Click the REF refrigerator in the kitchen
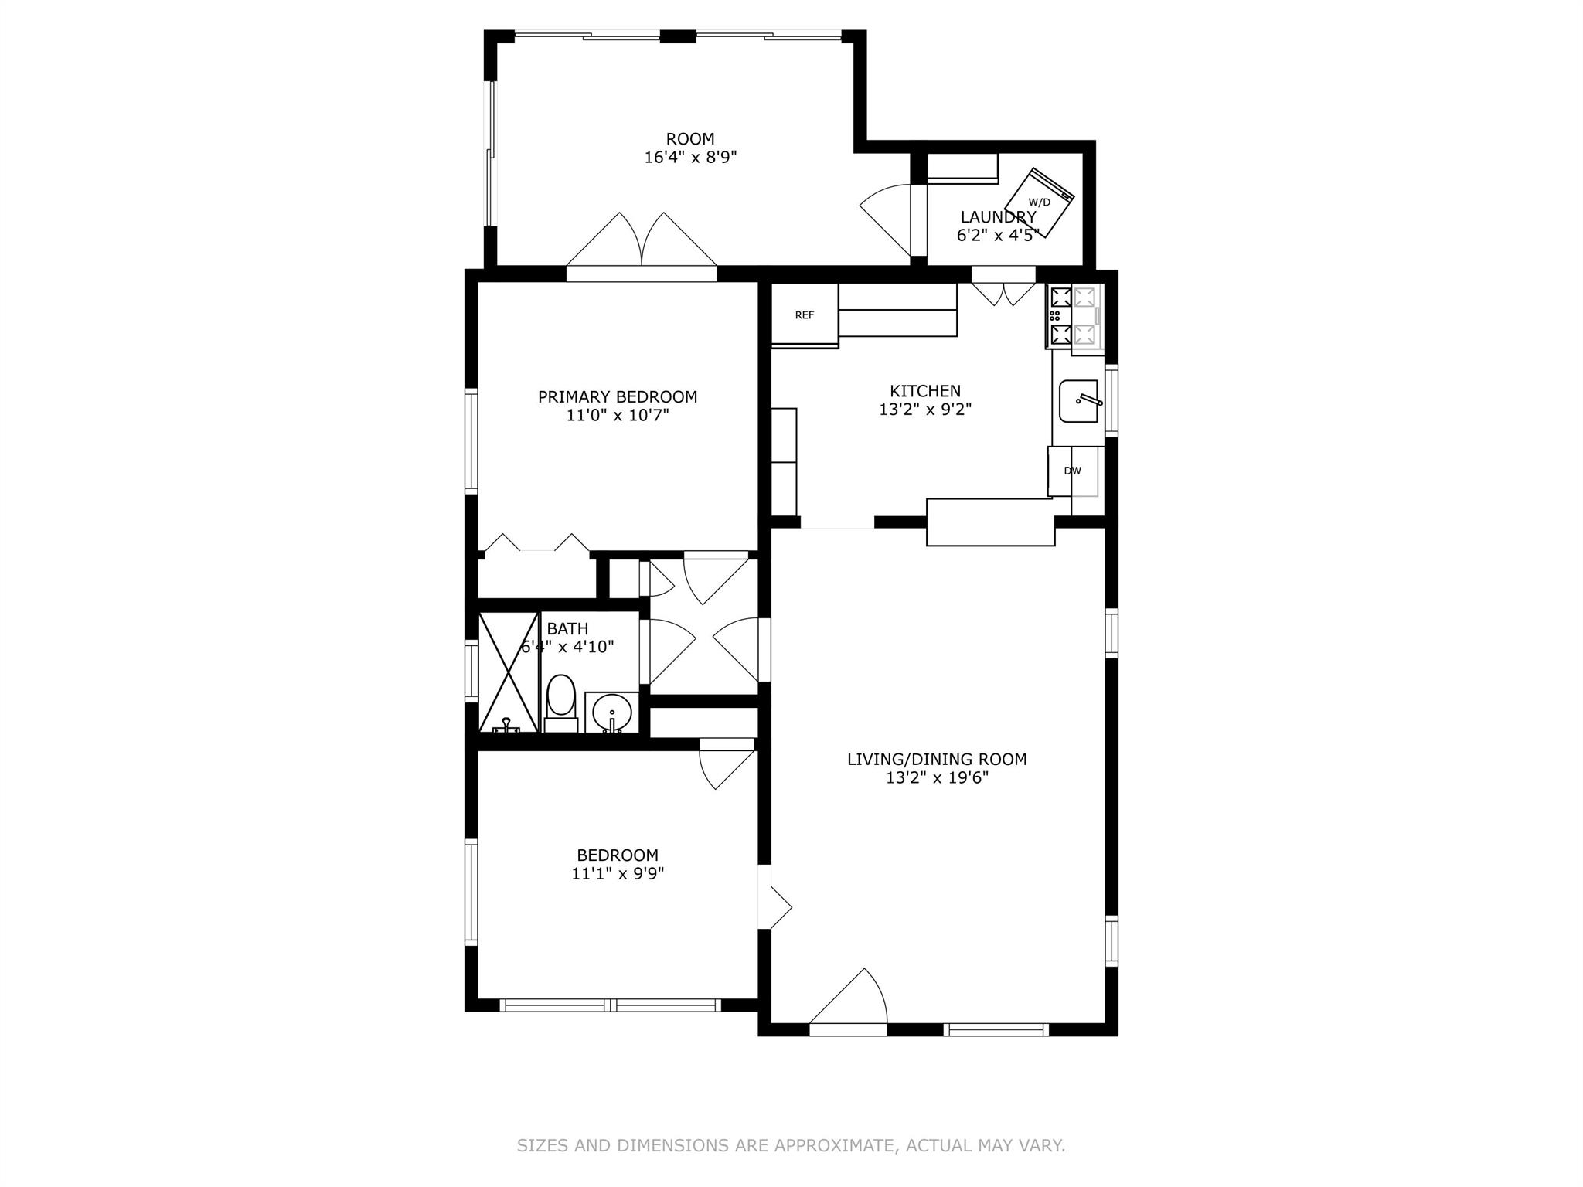click(x=805, y=315)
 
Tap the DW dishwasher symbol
click(x=1072, y=471)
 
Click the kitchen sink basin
click(x=1078, y=401)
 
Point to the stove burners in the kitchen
click(x=1060, y=315)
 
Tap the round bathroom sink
click(x=612, y=711)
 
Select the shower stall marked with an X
click(x=508, y=671)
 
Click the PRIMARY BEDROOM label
click(x=618, y=397)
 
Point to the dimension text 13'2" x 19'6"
click(x=937, y=778)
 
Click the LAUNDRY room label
click(x=998, y=217)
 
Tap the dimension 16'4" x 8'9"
click(x=690, y=158)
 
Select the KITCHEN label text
click(x=925, y=391)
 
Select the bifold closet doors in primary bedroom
click(x=536, y=542)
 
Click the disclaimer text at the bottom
click(x=791, y=1145)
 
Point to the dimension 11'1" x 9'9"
click(x=618, y=874)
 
